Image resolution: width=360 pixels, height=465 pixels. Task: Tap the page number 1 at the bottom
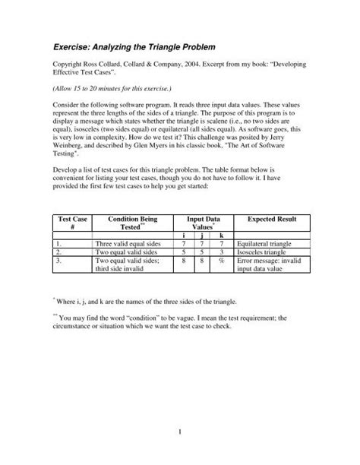(x=181, y=434)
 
